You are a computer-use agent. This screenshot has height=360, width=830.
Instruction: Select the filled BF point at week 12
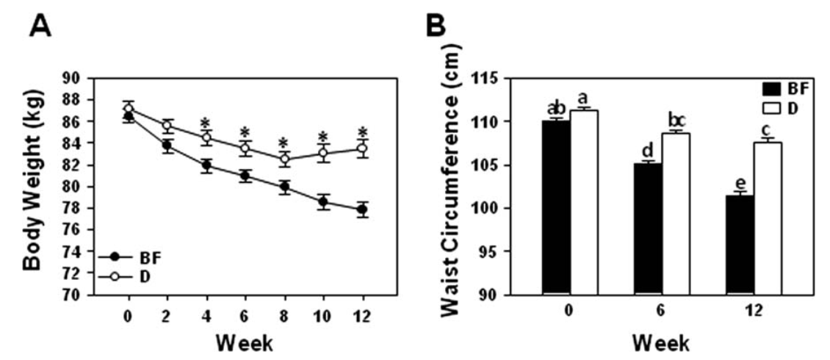pyautogui.click(x=363, y=209)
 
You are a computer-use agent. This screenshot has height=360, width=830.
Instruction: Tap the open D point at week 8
pyautogui.click(x=285, y=159)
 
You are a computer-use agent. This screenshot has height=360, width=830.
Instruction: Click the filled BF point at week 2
pyautogui.click(x=167, y=145)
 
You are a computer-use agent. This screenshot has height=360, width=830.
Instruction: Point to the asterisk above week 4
pyautogui.click(x=207, y=123)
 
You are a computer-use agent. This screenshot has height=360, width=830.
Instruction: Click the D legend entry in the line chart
pyautogui.click(x=125, y=276)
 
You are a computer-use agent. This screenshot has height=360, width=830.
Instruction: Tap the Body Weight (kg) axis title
pyautogui.click(x=33, y=179)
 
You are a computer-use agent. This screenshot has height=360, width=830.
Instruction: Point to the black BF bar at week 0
pyautogui.click(x=556, y=207)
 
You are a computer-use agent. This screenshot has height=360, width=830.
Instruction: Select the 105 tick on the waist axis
pyautogui.click(x=491, y=165)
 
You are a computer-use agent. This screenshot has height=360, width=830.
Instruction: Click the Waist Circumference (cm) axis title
pyautogui.click(x=451, y=180)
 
